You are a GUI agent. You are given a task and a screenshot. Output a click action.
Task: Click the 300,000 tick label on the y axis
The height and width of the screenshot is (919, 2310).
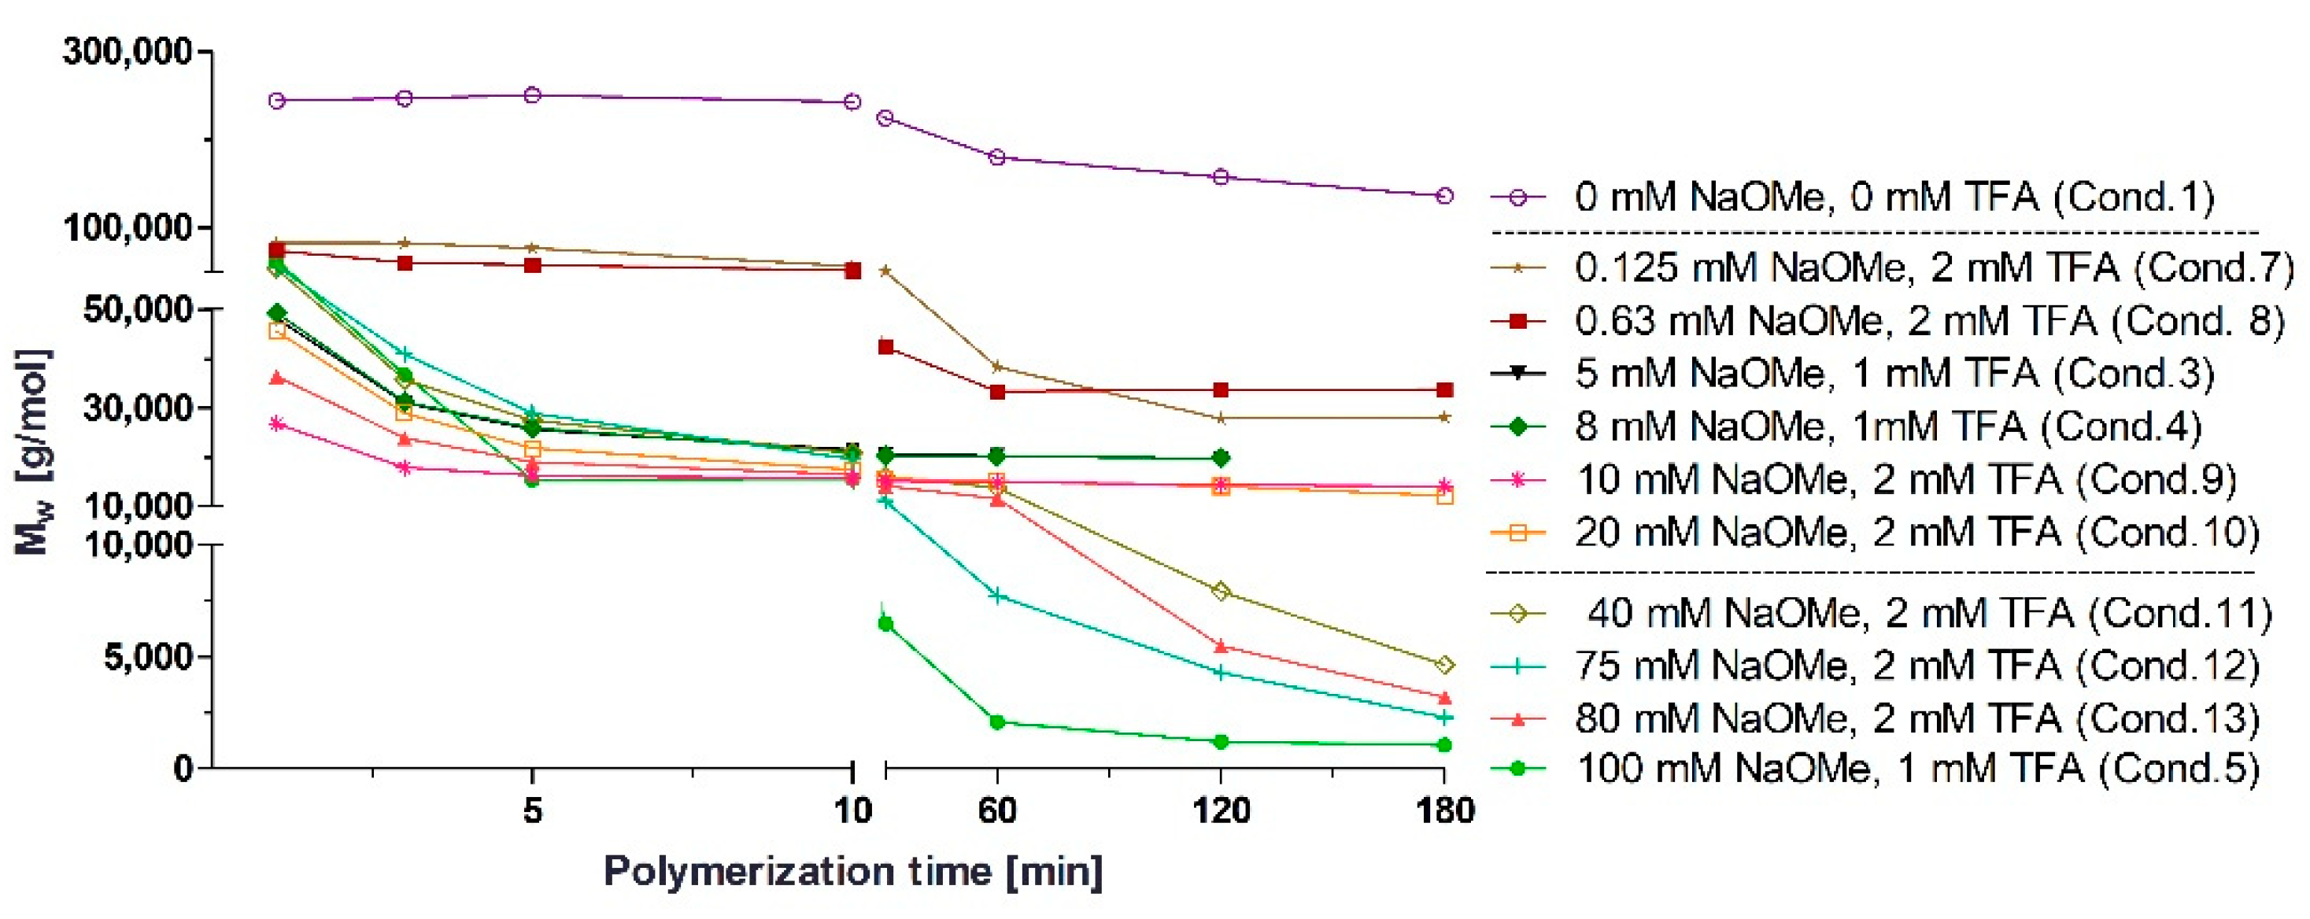(127, 52)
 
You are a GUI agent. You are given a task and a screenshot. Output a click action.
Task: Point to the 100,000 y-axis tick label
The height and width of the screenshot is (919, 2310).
(127, 227)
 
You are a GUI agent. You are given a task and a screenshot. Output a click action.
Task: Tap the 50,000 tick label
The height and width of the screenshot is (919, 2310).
(137, 310)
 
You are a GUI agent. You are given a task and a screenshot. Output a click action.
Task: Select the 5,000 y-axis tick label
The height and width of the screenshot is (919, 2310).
(148, 657)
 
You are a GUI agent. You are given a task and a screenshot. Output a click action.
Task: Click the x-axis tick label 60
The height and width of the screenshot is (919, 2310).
(996, 811)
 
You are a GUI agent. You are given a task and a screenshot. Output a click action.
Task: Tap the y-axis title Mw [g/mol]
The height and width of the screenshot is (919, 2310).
(34, 452)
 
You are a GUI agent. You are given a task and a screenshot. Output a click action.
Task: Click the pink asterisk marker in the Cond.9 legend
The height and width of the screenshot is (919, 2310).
(1517, 481)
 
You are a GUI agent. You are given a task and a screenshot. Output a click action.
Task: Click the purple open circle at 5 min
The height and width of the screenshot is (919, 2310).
(533, 95)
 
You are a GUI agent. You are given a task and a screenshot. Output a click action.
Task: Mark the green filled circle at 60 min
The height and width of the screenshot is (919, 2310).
(997, 722)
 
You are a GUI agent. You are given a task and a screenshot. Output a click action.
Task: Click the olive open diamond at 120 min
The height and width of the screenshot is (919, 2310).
(1221, 592)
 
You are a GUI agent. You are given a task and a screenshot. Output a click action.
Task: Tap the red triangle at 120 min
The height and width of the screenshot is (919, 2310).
(1221, 645)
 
